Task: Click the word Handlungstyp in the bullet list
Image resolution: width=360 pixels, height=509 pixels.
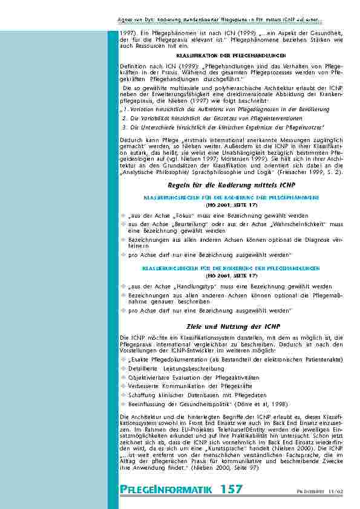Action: tap(186, 286)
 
